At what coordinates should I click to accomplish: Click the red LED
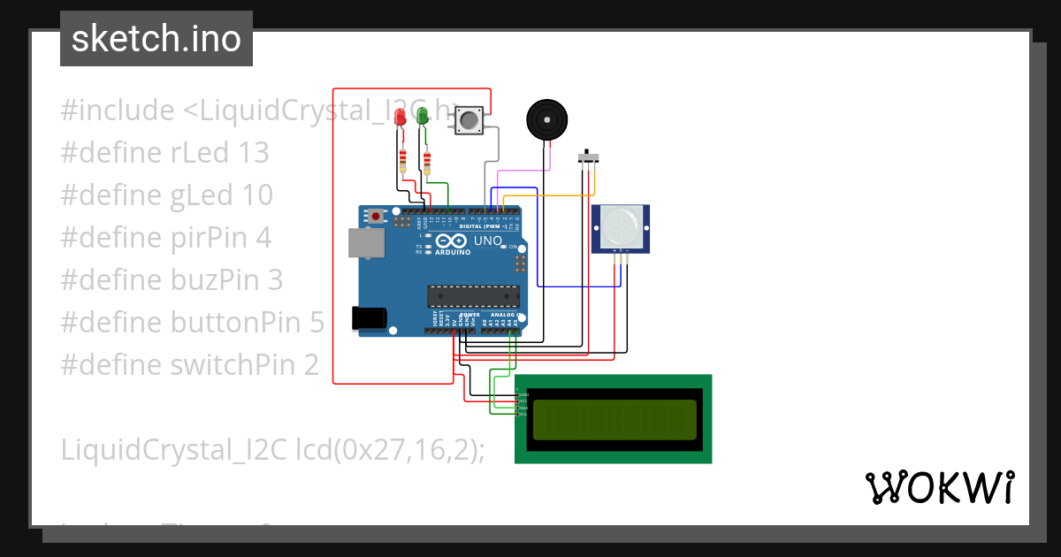click(401, 116)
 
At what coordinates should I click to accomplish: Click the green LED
click(423, 115)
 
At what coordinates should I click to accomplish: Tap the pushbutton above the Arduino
click(469, 119)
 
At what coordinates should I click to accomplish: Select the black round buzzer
click(546, 118)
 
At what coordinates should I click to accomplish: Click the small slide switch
click(588, 157)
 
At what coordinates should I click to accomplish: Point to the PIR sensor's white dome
click(620, 226)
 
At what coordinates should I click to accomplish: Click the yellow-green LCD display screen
click(614, 420)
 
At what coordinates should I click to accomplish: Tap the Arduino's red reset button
click(378, 216)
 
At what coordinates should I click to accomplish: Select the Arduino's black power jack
click(370, 317)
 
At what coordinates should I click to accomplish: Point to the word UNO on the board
click(488, 240)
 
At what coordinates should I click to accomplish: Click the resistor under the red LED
click(404, 161)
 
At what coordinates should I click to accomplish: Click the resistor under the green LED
click(428, 163)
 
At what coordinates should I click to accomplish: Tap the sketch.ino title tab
click(156, 39)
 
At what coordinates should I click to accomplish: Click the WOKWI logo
click(939, 487)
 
